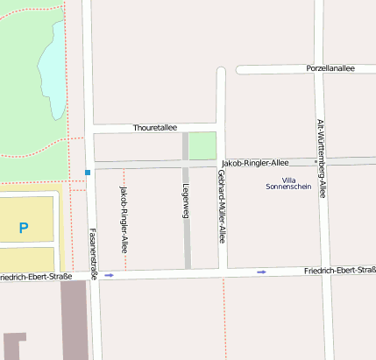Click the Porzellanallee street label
pos(330,68)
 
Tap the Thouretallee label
pos(155,128)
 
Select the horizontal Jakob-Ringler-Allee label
pos(255,163)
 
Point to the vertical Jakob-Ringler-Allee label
pos(124,219)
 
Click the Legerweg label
pos(186,201)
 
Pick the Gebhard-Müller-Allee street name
pos(222,206)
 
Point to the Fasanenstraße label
pos(93,250)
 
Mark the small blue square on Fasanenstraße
pos(88,172)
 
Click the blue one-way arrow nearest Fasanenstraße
pos(110,275)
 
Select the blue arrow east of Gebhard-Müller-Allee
pos(261,272)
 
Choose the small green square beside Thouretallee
pos(202,145)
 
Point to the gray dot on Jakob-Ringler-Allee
pos(315,162)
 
